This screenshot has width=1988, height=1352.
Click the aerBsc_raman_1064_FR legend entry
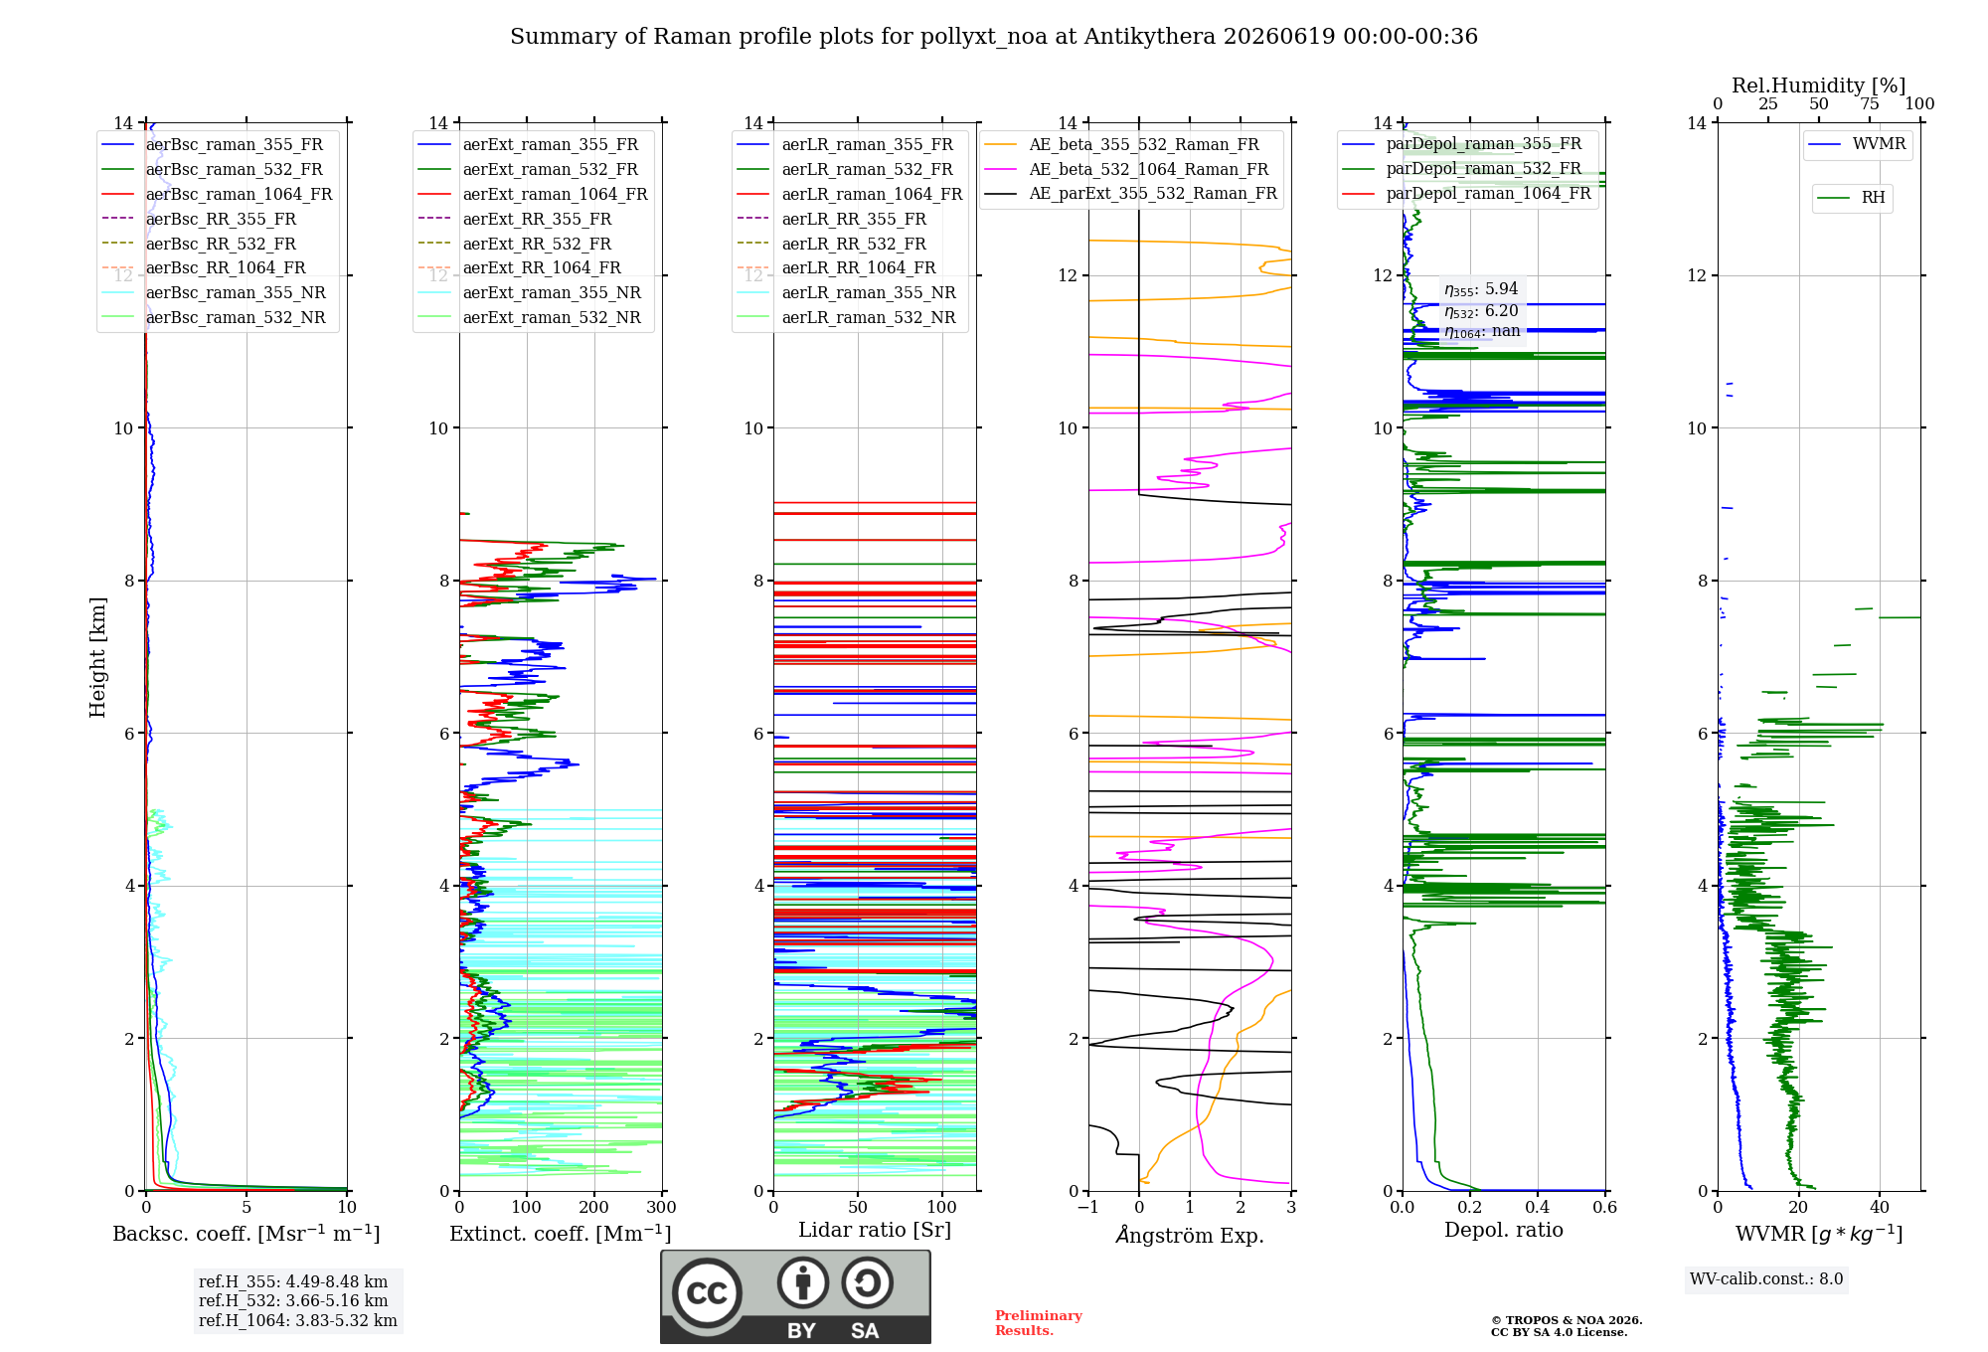click(217, 194)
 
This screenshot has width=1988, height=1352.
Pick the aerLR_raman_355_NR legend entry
click(846, 292)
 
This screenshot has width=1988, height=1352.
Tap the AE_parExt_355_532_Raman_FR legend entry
click(1130, 193)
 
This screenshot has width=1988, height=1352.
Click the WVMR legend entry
click(1857, 144)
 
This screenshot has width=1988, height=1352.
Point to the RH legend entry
click(1851, 198)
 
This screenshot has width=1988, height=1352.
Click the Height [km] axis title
click(97, 657)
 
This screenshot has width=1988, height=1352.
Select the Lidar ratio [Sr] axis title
click(875, 1230)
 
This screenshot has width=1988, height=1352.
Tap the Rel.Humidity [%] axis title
click(1819, 85)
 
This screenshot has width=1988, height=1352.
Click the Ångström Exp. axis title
click(1190, 1235)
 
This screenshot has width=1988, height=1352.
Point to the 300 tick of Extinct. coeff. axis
click(661, 1207)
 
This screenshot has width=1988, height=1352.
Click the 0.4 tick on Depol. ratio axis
click(1538, 1207)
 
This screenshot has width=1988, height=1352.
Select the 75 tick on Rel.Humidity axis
click(1870, 104)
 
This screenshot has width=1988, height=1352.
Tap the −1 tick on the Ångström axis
click(1088, 1207)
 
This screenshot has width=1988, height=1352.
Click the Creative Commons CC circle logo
click(707, 1293)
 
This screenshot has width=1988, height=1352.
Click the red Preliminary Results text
click(1039, 1323)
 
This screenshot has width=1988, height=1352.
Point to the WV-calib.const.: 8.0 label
click(1766, 1279)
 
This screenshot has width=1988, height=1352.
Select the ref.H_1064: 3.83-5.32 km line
click(298, 1321)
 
